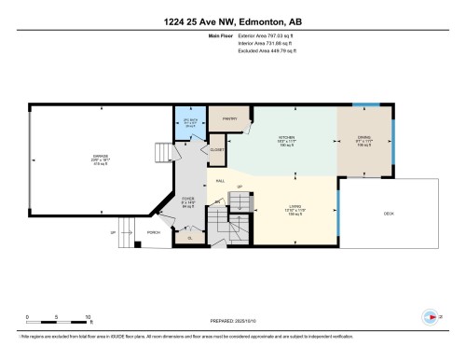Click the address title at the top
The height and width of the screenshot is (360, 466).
pyautogui.click(x=232, y=10)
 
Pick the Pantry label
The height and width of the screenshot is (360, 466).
pyautogui.click(x=230, y=118)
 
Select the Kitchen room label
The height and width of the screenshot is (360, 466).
pyautogui.click(x=287, y=143)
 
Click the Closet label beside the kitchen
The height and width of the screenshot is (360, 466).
pyautogui.click(x=217, y=150)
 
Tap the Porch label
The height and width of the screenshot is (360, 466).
pyautogui.click(x=154, y=231)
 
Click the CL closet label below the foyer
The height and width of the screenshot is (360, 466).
pyautogui.click(x=190, y=239)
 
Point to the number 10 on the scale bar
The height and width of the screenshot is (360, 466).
pyautogui.click(x=88, y=318)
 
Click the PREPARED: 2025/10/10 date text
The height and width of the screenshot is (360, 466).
pyautogui.click(x=232, y=317)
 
